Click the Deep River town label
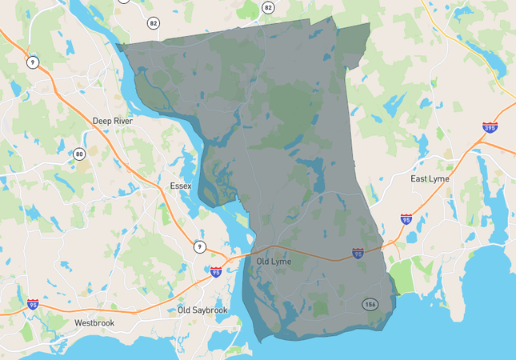112,121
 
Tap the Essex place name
181,186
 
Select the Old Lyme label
274,262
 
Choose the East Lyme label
430,178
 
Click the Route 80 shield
79,154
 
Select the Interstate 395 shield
490,127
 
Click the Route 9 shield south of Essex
198,246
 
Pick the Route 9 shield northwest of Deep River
32,62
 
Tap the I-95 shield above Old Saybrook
216,272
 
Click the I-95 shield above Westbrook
32,305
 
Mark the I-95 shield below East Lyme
406,218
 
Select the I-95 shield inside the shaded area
358,254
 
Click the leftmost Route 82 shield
153,22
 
